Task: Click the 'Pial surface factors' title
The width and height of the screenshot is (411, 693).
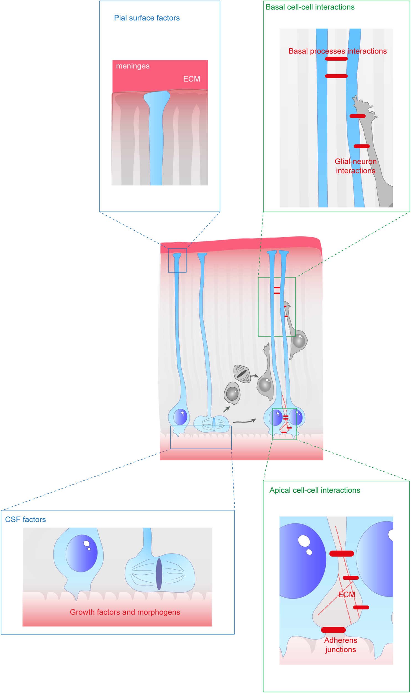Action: (x=147, y=18)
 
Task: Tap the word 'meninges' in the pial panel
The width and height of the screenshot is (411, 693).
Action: (x=133, y=66)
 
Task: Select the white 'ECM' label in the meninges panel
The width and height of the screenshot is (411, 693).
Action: (x=191, y=79)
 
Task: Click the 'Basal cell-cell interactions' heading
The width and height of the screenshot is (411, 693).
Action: (x=310, y=7)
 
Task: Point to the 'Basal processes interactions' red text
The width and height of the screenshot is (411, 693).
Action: (x=337, y=51)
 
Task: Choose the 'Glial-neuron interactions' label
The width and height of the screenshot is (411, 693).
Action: (x=356, y=166)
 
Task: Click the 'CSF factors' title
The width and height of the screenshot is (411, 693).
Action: (x=25, y=519)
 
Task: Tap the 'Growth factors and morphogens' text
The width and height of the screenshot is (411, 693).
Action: (x=125, y=612)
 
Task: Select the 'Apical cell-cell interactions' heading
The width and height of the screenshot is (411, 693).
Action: (x=315, y=490)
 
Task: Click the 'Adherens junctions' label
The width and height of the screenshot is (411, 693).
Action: (x=341, y=645)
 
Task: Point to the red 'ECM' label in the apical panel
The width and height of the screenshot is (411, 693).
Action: (x=346, y=595)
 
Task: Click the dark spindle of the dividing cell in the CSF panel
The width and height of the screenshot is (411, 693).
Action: (x=159, y=574)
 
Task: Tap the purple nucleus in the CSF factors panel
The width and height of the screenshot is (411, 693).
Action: (x=82, y=553)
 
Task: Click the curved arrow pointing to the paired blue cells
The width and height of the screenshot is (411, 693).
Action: (x=244, y=422)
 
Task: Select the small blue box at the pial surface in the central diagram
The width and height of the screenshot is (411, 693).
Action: (x=177, y=260)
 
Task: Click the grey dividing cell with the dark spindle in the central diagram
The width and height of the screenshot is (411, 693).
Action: (x=242, y=374)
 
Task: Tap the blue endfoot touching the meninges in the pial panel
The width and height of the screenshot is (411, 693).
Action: (x=157, y=98)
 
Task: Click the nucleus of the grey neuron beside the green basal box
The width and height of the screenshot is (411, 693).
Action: (x=299, y=341)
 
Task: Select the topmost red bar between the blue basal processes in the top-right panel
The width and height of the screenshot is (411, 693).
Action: (x=336, y=59)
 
